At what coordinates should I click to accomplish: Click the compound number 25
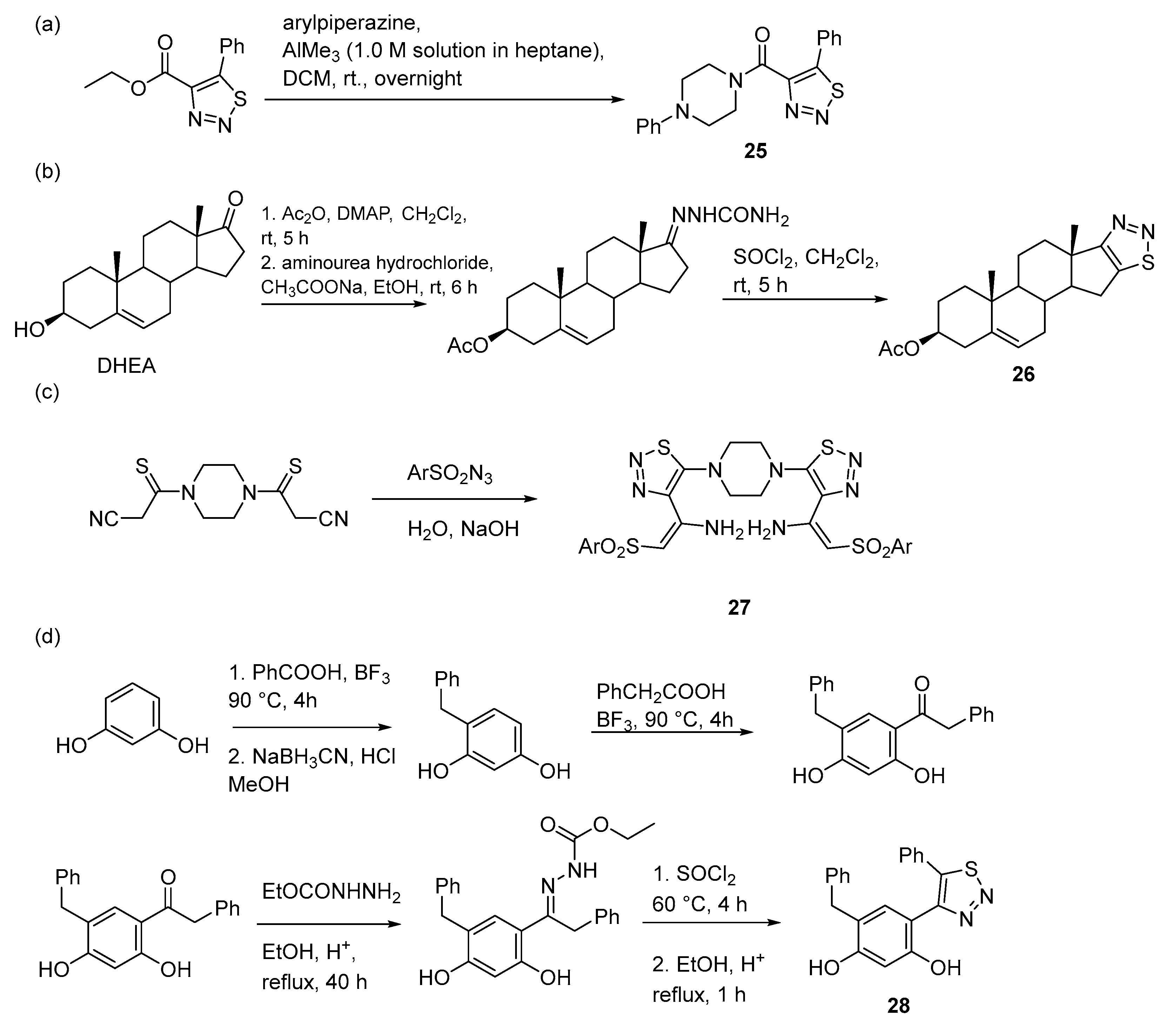point(755,151)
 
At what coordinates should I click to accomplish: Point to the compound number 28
point(898,1005)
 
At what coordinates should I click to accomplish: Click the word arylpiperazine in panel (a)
point(352,24)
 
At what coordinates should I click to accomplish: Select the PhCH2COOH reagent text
point(661,692)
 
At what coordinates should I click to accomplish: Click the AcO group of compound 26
point(899,348)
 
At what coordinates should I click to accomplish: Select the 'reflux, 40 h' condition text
point(314,982)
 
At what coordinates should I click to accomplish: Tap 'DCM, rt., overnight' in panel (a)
point(372,78)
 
